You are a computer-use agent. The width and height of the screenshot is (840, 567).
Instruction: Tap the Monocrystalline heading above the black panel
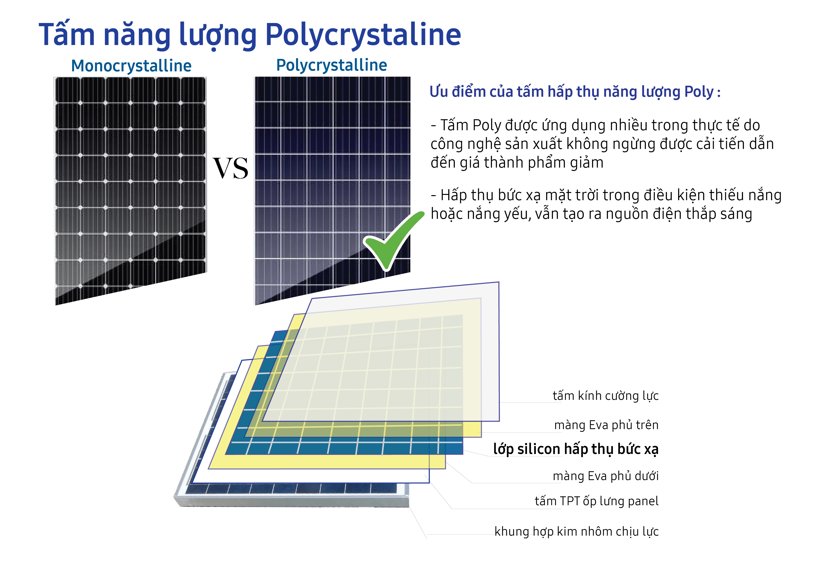(132, 66)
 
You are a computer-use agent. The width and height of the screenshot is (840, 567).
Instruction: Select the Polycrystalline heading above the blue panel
(331, 65)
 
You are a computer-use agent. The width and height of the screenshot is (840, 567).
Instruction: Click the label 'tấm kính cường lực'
(606, 396)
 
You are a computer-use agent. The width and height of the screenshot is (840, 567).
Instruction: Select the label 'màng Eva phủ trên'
(606, 425)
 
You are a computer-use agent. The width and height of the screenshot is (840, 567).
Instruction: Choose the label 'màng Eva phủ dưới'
(606, 476)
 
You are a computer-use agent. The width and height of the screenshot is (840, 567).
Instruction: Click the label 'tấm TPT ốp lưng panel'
(597, 501)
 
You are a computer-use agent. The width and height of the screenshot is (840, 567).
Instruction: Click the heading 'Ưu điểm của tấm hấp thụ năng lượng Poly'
(572, 92)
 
